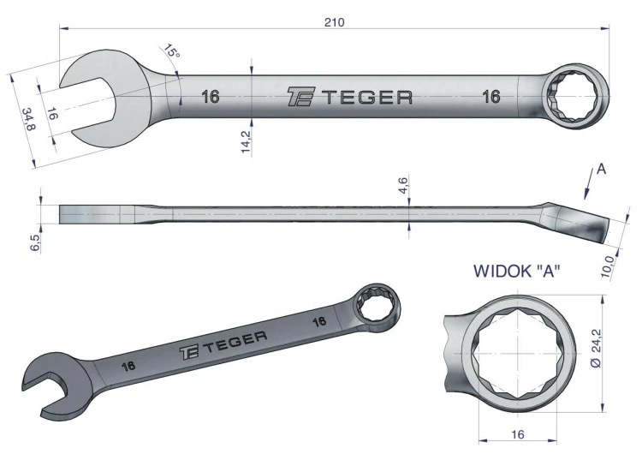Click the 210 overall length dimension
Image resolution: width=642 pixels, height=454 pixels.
tap(335, 22)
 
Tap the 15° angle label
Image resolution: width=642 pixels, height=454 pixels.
tap(171, 51)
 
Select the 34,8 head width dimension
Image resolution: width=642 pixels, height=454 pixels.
tap(28, 119)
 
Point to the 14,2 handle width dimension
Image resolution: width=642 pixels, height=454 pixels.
tap(246, 140)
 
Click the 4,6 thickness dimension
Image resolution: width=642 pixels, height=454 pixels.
tap(403, 185)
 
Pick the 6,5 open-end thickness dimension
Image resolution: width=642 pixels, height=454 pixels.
tap(35, 243)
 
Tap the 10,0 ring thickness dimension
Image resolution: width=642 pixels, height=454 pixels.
tap(608, 266)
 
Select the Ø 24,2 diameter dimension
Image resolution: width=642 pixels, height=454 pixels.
tap(596, 349)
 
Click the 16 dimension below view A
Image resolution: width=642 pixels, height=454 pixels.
tap(518, 434)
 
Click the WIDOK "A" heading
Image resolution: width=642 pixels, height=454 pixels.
tap(517, 271)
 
